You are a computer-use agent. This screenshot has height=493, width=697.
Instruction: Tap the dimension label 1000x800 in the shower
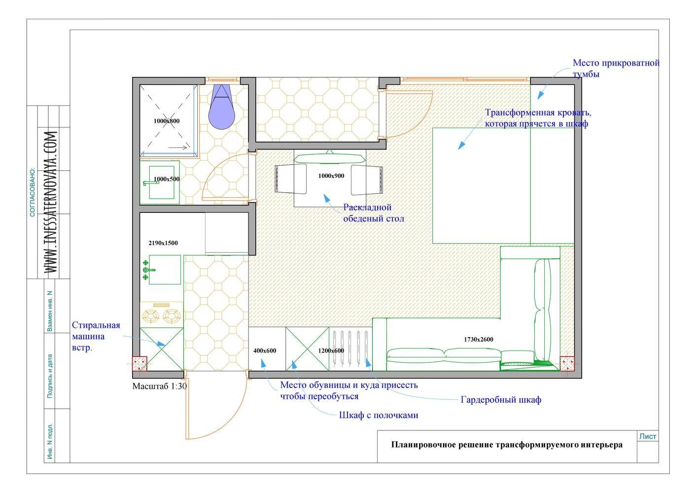pos(167,121)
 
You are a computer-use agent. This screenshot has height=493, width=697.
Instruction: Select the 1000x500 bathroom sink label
pos(167,179)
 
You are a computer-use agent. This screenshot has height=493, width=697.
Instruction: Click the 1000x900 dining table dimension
pos(331,176)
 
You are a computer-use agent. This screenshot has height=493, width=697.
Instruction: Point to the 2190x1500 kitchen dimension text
pos(163,243)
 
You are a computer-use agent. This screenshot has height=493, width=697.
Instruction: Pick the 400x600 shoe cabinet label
pos(265,351)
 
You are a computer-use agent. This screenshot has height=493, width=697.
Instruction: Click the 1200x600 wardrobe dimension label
pos(331,351)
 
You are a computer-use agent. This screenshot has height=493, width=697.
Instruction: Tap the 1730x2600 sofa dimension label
pos(478,340)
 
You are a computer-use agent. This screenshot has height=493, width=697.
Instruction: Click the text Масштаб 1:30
pos(160,386)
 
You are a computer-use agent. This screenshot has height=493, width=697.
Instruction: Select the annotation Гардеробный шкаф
pos(501,400)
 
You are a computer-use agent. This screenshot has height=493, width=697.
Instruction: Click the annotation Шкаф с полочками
pos(379,415)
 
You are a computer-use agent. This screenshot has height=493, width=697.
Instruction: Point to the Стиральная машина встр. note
pos(96,336)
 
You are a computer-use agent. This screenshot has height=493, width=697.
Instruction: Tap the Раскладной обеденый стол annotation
pos(374,213)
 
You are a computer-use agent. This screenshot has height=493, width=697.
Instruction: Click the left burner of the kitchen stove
pos(151,316)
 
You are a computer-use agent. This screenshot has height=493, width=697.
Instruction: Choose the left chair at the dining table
pos(291,179)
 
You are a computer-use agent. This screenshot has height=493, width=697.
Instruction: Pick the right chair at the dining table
pos(367,180)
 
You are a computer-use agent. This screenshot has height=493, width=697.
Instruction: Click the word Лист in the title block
pos(648,436)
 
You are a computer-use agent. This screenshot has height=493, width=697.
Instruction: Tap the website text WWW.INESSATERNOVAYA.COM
pos(51,202)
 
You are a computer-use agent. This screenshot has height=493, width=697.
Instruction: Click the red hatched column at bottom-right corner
pos(567,364)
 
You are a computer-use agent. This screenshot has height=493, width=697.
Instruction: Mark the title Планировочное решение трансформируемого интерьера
pos(507,445)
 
